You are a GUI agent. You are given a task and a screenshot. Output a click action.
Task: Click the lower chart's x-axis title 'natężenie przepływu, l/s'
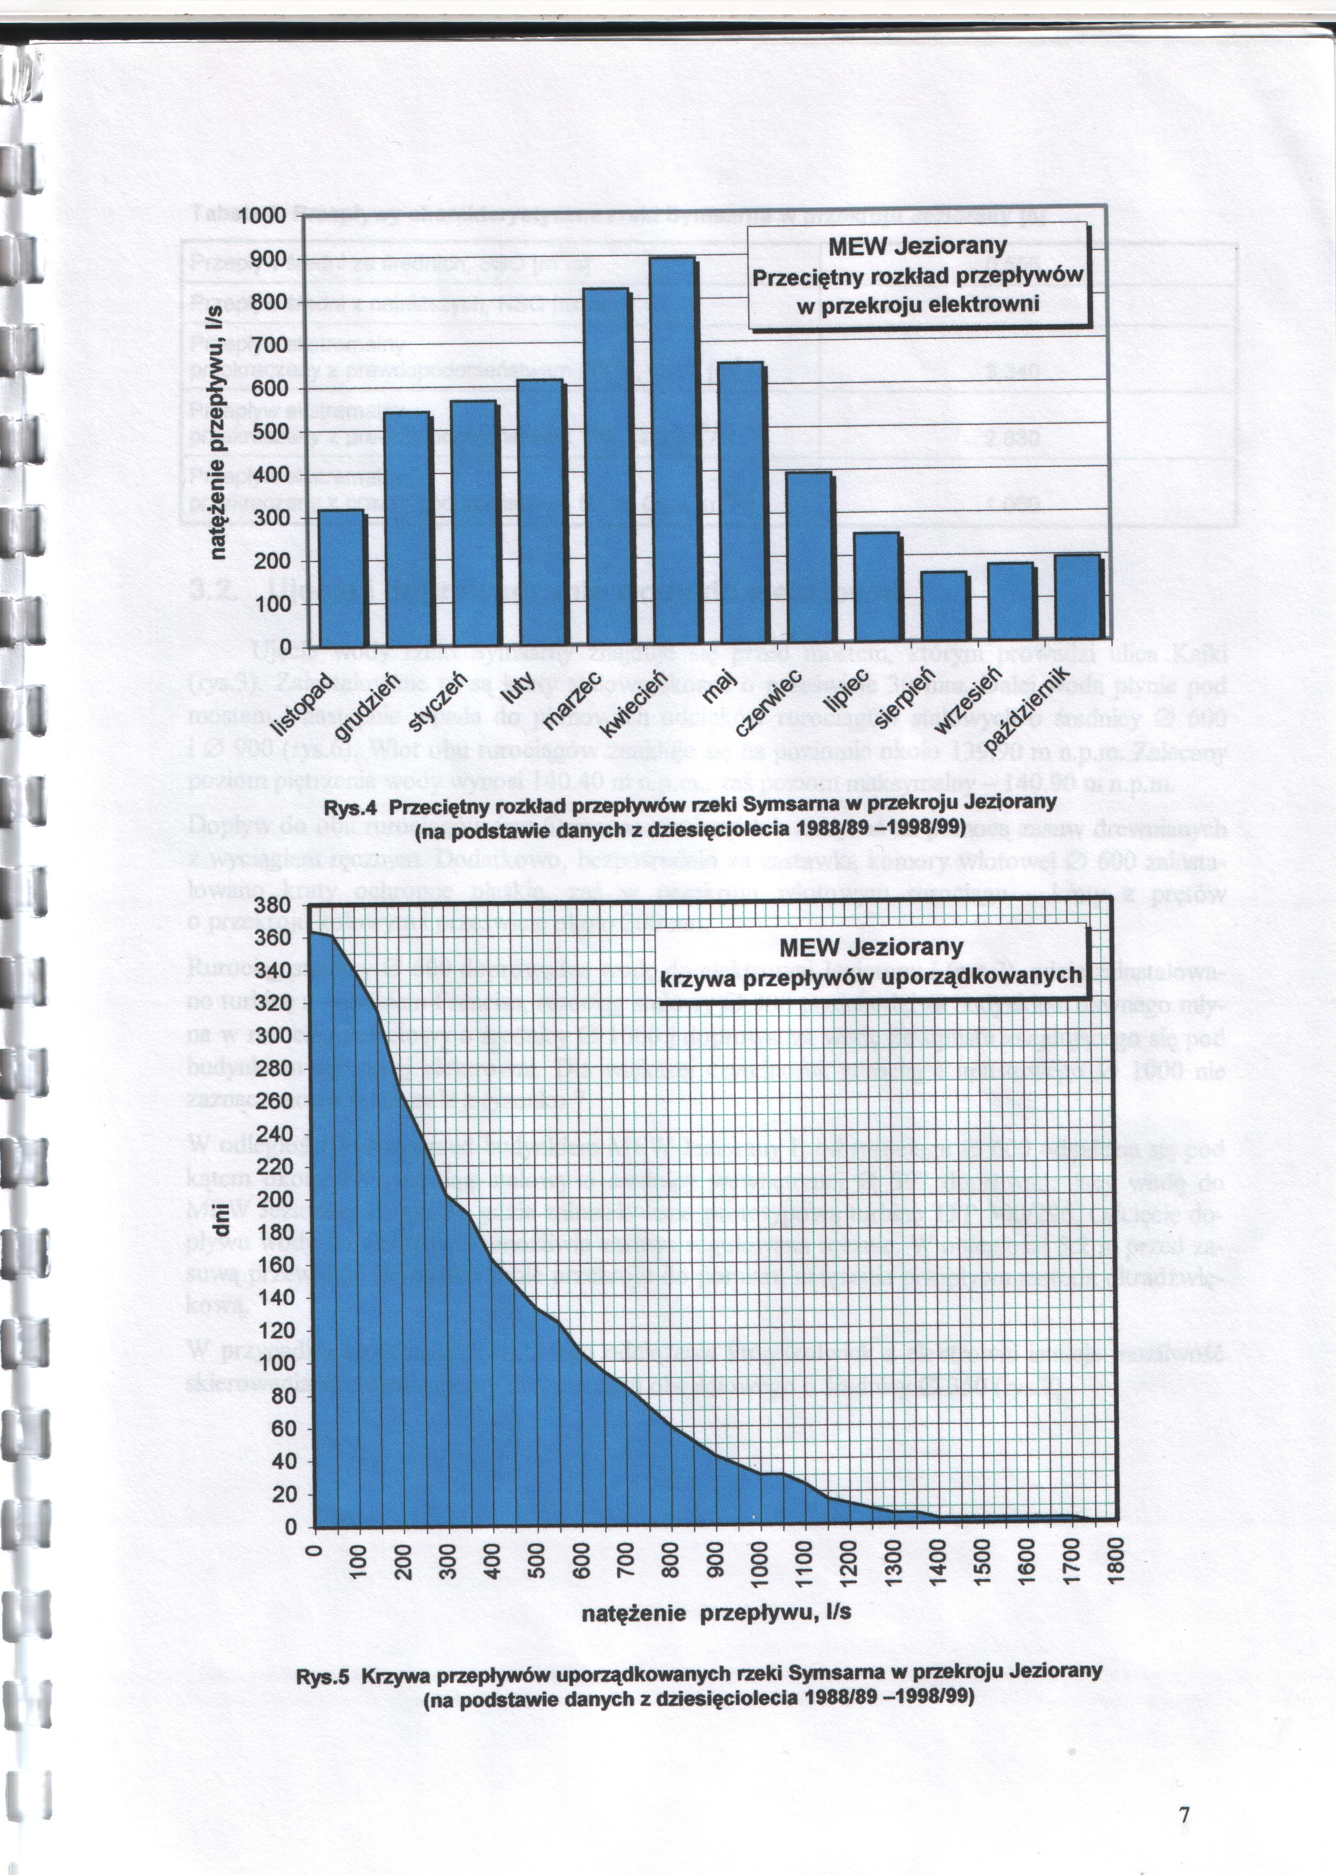[716, 1613]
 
